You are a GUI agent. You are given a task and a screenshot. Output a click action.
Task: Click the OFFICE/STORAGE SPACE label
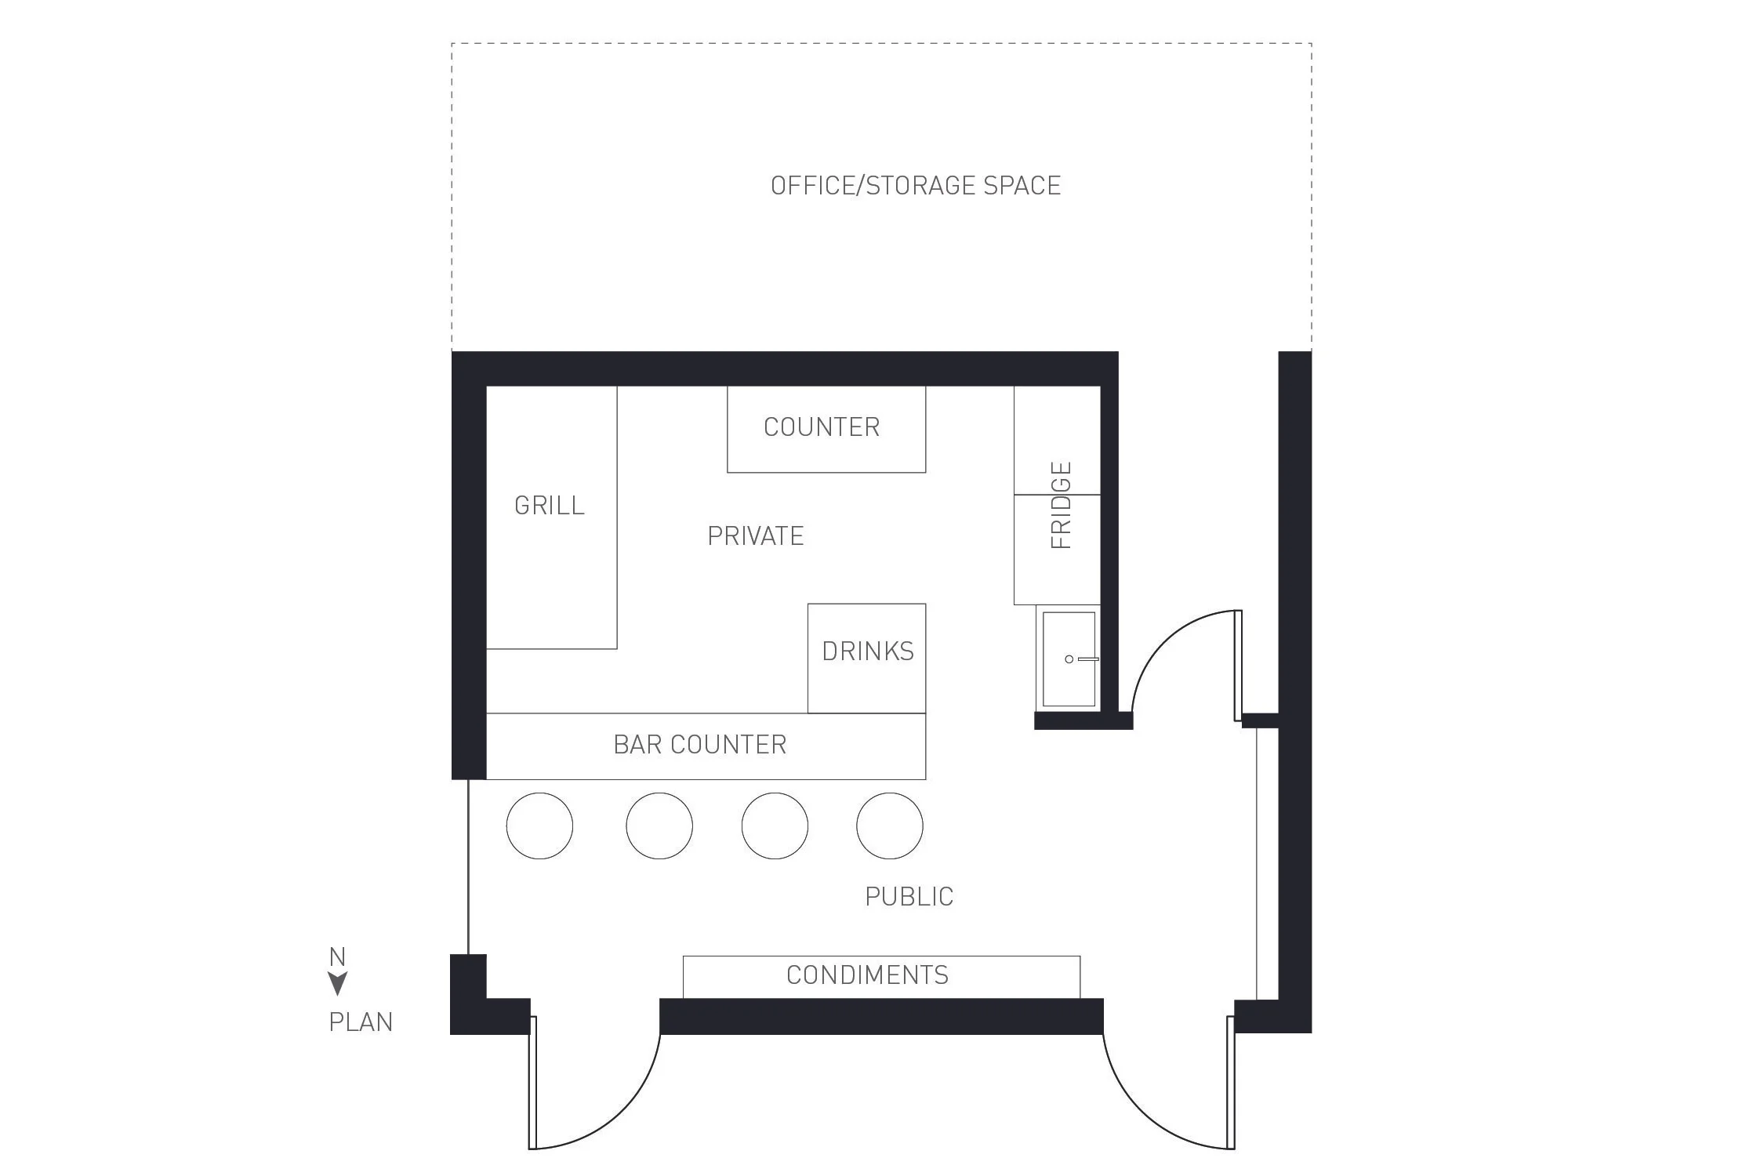coord(915,186)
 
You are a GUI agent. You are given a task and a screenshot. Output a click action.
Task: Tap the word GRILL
coord(550,506)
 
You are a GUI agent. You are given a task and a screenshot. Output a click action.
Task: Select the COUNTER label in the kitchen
coord(822,427)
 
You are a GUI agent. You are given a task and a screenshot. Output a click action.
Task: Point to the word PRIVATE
coord(756,536)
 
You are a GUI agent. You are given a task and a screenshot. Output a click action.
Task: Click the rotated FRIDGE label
coord(1061,506)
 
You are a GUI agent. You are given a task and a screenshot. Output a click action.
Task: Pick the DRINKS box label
coord(868,652)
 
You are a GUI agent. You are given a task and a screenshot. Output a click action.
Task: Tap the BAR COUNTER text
coord(699,745)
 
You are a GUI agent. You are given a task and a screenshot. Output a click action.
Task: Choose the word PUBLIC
coord(909,897)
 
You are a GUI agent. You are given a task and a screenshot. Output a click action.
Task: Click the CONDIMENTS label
coord(867,975)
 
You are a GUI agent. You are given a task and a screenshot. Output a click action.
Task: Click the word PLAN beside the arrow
coord(361,1022)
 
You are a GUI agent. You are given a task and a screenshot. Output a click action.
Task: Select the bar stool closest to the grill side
coord(539,826)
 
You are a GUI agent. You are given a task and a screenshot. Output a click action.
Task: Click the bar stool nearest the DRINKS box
coord(890,826)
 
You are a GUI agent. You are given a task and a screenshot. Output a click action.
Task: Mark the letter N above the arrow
coord(337,957)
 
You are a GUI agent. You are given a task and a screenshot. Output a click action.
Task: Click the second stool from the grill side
coord(659,826)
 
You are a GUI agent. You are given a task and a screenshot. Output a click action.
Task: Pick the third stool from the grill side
coord(775,826)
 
